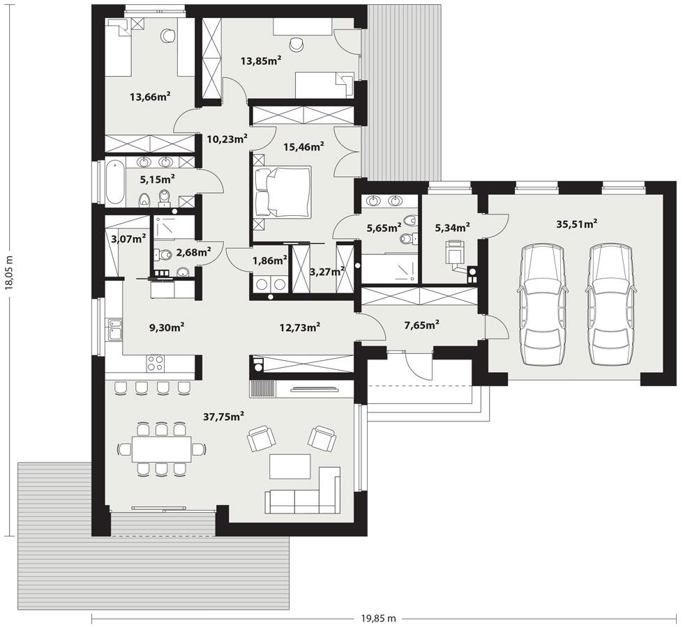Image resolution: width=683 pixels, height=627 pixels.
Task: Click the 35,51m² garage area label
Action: pos(576,224)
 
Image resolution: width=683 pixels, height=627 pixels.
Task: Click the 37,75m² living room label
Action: pos(223,417)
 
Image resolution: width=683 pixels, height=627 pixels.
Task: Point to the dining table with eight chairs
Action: pos(162,448)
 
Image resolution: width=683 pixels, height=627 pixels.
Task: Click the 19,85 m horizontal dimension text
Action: pos(378,618)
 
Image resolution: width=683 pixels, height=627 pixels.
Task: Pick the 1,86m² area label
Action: pos(269,261)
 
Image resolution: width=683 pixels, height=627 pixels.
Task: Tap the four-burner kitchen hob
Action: pos(155,363)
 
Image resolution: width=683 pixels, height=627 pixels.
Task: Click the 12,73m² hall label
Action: pos(299,327)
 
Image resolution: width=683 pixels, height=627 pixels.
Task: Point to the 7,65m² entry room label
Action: pos(421,325)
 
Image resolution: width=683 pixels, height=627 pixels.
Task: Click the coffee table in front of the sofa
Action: pos(290,466)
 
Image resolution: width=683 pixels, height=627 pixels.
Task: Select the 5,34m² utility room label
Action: pos(452,227)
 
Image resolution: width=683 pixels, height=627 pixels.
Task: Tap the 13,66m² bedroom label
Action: pos(151,97)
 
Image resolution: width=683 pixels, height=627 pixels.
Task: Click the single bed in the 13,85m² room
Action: pos(321,85)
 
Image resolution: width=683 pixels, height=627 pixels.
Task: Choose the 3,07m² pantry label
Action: pos(128,239)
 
